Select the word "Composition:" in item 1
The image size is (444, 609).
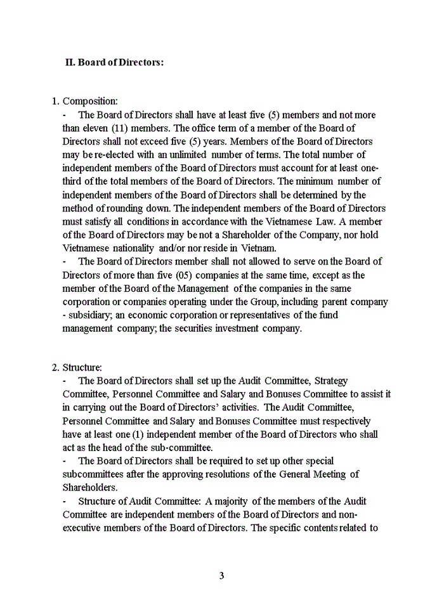(89, 101)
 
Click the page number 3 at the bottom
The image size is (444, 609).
(221, 576)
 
